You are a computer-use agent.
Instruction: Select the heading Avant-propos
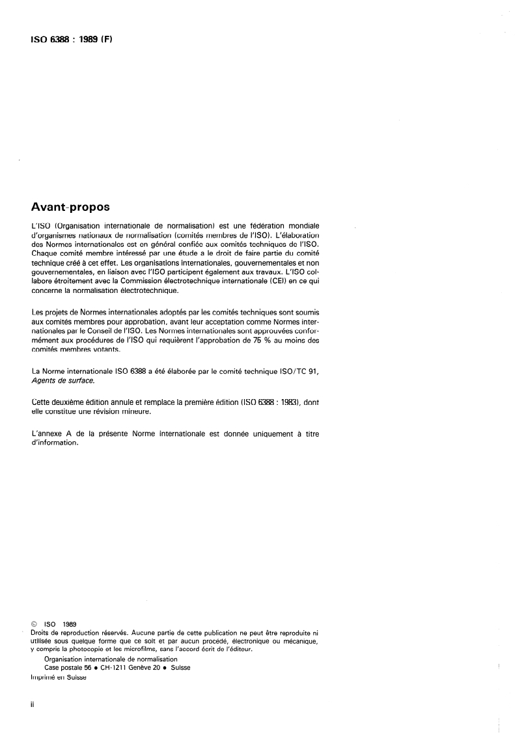71,208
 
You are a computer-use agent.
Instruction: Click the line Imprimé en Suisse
58,676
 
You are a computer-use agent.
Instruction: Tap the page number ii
33,705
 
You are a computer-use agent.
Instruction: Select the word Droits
43,632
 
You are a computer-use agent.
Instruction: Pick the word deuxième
73,402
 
